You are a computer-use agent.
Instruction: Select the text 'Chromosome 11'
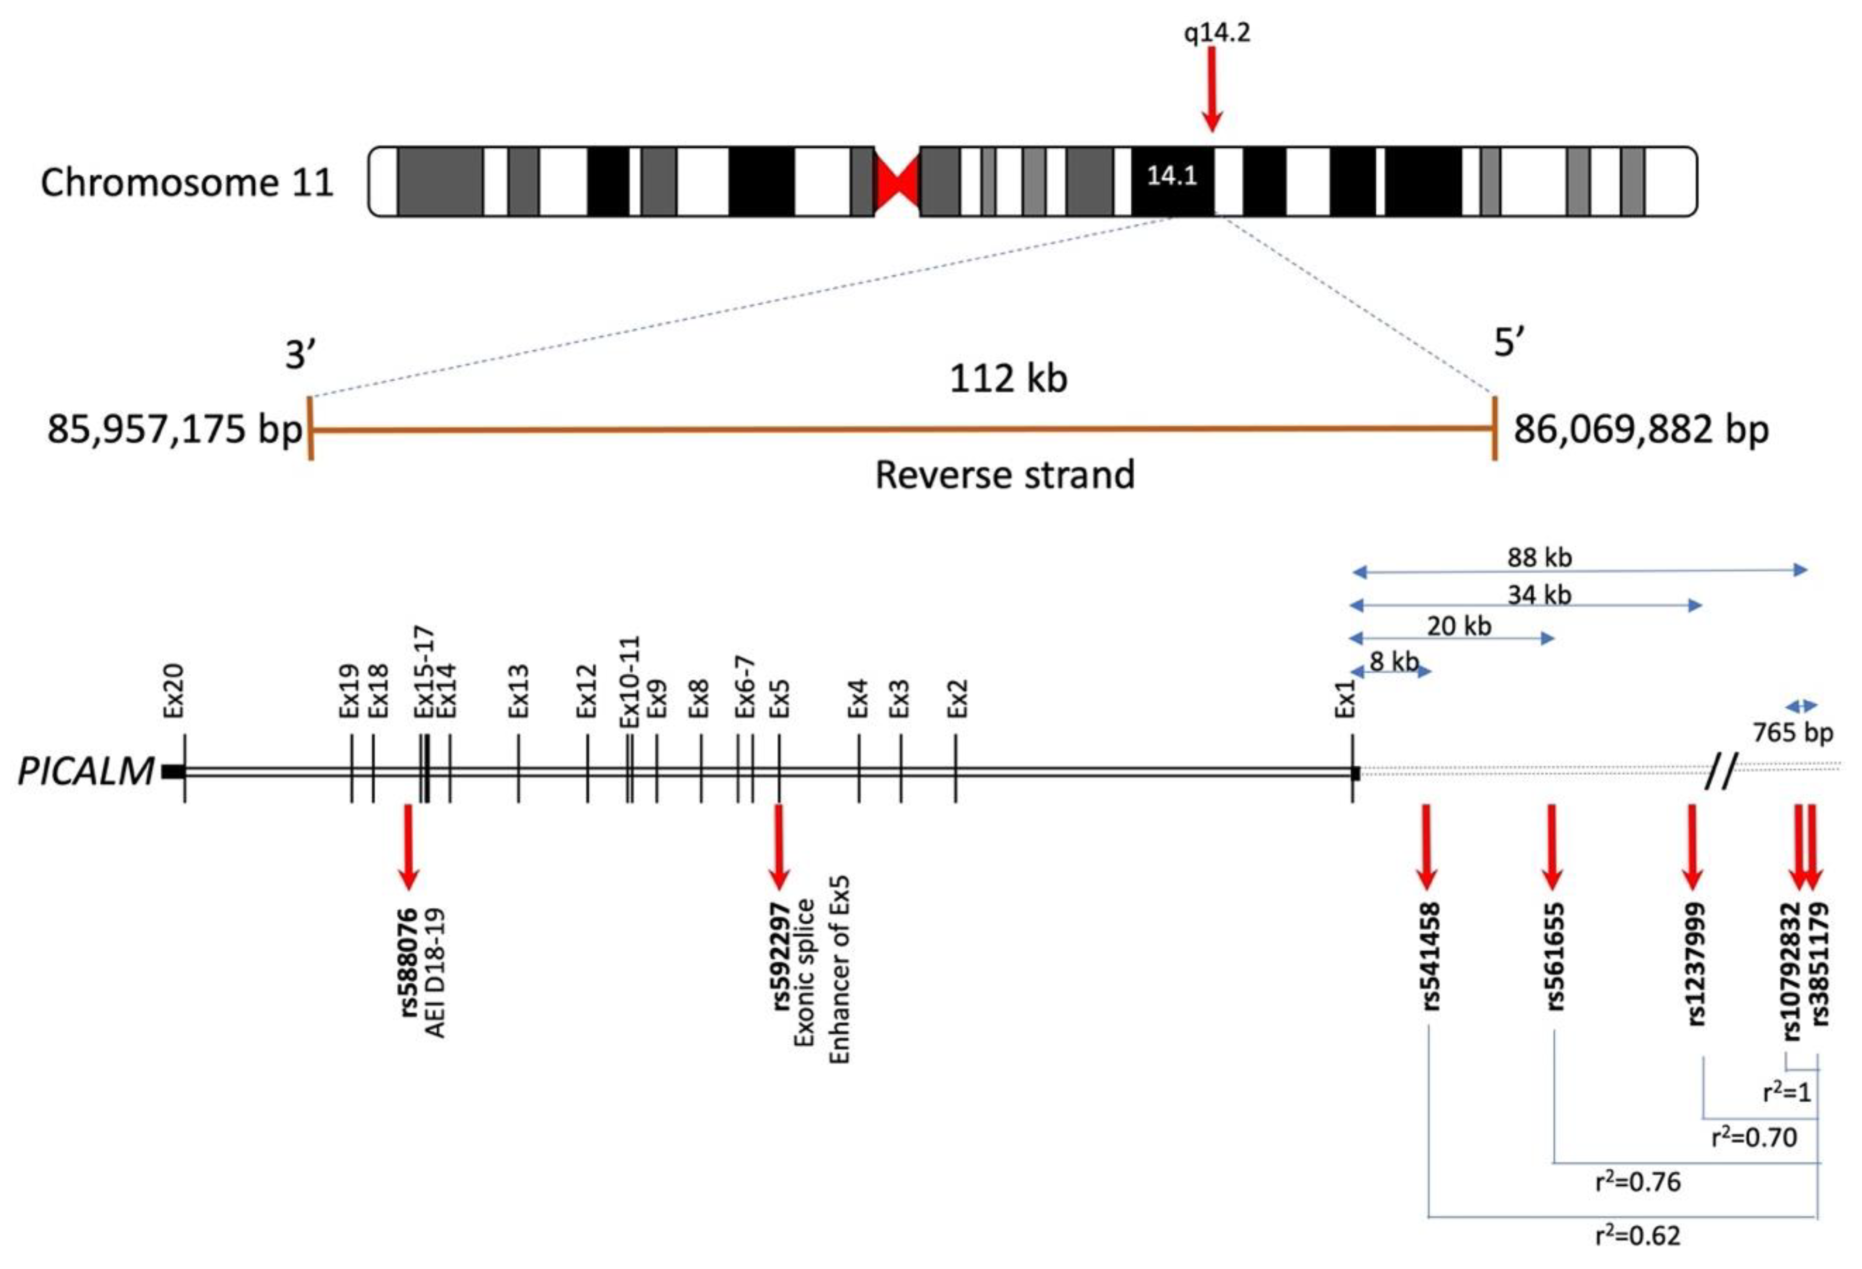pyautogui.click(x=187, y=183)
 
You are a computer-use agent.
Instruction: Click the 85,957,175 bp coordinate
pyautogui.click(x=174, y=429)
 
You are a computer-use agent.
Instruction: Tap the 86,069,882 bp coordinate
pyautogui.click(x=1640, y=429)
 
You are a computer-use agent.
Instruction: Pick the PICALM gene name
pyautogui.click(x=86, y=771)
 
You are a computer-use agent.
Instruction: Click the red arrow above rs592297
pyautogui.click(x=777, y=845)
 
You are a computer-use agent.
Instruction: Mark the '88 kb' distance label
pyautogui.click(x=1539, y=557)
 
